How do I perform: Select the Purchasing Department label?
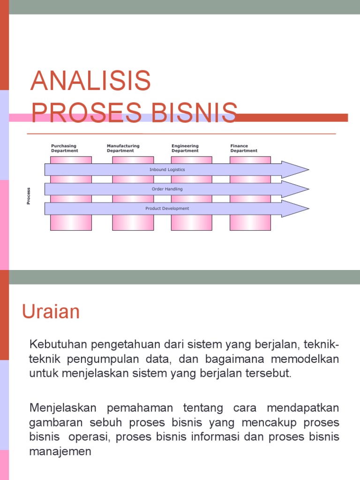(x=65, y=148)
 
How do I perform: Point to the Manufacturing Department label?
(x=123, y=148)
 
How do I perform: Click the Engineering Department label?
(x=185, y=148)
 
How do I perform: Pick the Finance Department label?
(x=244, y=148)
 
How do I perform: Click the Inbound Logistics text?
(x=167, y=169)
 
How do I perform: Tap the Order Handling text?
(x=167, y=189)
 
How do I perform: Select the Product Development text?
(x=167, y=208)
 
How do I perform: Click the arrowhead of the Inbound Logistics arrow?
(x=296, y=169)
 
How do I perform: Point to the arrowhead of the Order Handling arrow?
(x=296, y=189)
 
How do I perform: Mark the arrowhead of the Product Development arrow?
(x=296, y=209)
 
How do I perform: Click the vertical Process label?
(x=29, y=195)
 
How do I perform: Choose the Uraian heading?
(x=51, y=312)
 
